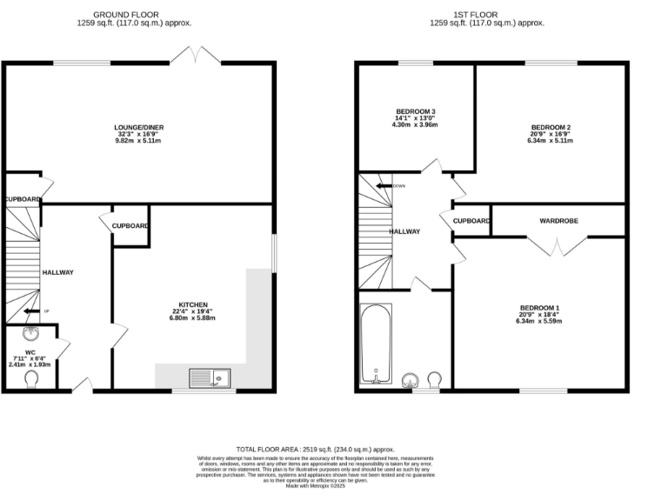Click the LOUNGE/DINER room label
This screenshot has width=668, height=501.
tap(140, 127)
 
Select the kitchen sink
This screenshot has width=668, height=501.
tap(210, 377)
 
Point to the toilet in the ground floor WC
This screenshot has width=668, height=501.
tap(33, 379)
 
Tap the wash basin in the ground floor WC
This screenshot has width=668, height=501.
tap(30, 335)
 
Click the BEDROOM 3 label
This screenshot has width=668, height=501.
tap(416, 111)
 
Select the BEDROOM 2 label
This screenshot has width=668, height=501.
tap(551, 127)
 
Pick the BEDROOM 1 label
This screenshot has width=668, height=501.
tap(540, 308)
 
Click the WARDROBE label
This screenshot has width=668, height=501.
tap(558, 221)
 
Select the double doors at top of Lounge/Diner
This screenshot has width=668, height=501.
tap(196, 55)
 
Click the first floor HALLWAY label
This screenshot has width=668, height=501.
tap(404, 231)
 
